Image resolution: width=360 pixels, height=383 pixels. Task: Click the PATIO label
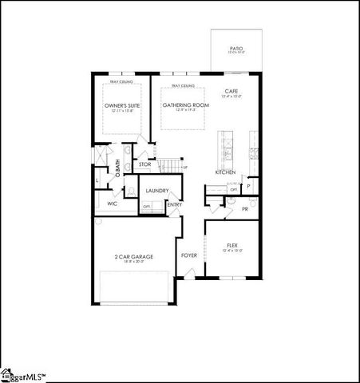(235, 49)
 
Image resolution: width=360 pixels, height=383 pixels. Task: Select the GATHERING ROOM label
(185, 105)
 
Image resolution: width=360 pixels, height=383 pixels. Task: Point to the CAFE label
(232, 91)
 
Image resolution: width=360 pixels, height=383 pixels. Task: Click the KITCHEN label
(225, 172)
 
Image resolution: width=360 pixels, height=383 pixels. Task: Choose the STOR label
(144, 164)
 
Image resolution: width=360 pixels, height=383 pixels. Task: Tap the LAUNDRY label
(156, 191)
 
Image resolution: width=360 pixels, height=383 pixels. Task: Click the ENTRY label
(174, 204)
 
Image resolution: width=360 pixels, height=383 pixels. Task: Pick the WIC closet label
(113, 203)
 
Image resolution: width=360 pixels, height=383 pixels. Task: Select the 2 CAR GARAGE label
(134, 256)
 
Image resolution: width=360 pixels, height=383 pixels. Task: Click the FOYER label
(189, 255)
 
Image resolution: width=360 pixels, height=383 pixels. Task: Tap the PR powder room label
(245, 208)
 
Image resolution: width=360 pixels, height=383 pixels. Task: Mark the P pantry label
(249, 187)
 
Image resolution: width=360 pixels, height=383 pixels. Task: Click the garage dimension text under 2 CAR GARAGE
(134, 263)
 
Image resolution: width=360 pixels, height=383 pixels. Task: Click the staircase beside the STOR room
(168, 165)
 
